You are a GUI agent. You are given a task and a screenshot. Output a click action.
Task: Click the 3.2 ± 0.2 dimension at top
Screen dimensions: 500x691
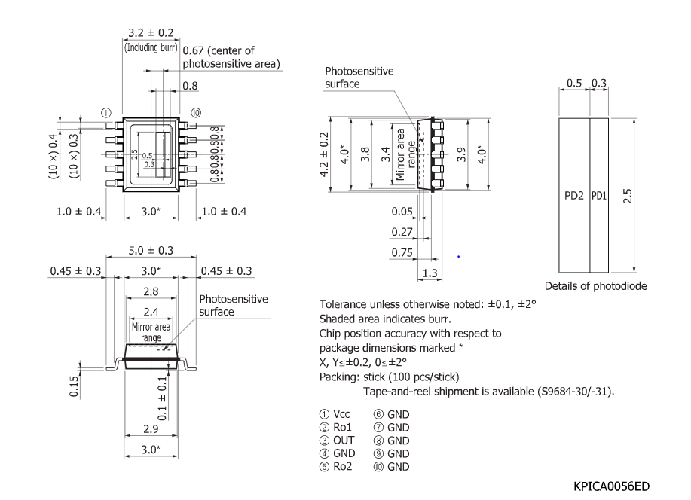click(x=149, y=33)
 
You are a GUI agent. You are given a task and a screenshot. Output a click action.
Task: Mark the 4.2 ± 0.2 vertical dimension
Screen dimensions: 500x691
click(x=324, y=154)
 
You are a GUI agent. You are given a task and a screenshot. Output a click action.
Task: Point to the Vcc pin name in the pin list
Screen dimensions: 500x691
click(x=344, y=413)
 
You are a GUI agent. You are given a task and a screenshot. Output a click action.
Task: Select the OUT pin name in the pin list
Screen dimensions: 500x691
click(x=345, y=440)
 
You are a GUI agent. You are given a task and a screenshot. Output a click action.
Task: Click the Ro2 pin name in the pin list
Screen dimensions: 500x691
click(x=345, y=466)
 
